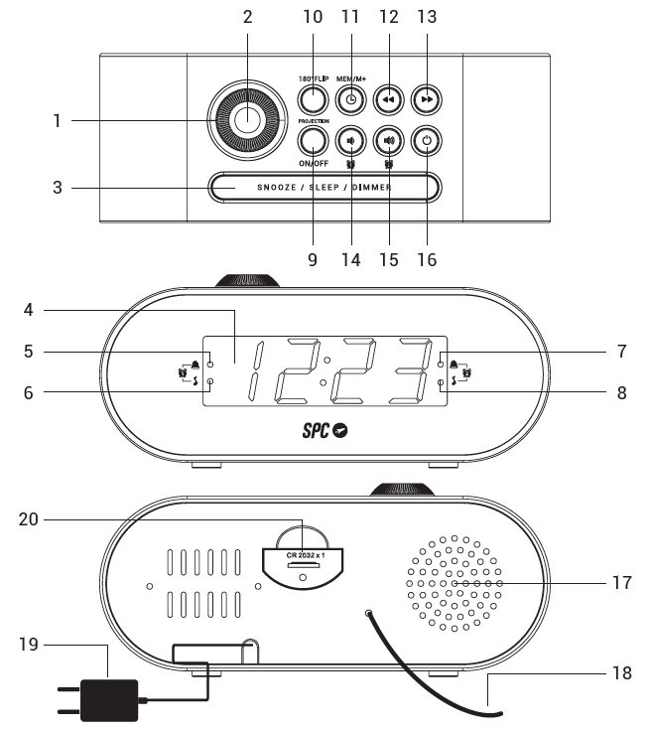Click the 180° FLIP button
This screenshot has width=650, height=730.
point(313,99)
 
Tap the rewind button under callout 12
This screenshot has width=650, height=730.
point(388,99)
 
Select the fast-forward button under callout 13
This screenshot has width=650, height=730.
point(427,99)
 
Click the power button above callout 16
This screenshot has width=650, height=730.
point(427,141)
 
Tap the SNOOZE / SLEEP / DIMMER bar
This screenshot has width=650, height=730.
point(324,187)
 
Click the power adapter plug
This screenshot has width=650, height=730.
point(106,701)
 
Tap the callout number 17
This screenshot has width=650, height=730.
point(621,583)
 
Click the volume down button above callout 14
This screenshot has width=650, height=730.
point(350,141)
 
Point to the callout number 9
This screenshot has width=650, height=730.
point(312,260)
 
